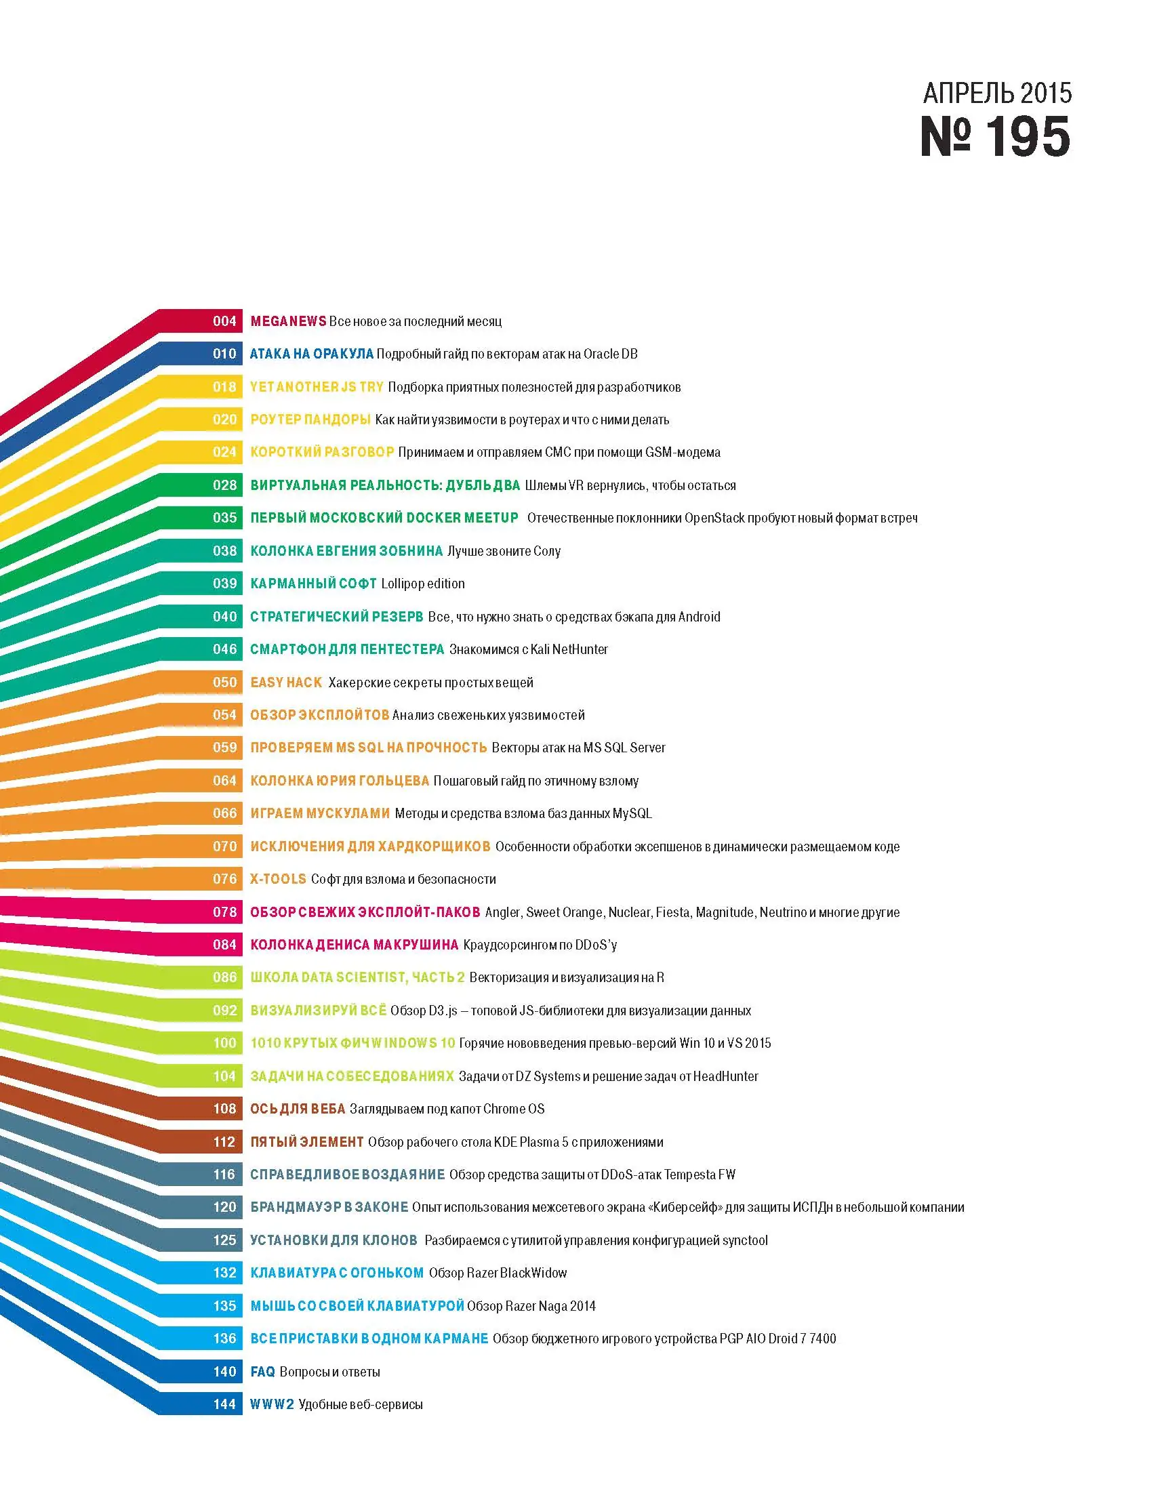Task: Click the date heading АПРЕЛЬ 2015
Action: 997,93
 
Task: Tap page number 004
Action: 224,321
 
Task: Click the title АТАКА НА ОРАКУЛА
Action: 312,354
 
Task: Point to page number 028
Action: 224,485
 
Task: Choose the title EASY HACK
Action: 285,682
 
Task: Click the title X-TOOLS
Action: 278,879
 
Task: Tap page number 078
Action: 224,912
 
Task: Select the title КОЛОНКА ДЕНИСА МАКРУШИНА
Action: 354,945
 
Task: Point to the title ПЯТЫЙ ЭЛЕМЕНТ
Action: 307,1142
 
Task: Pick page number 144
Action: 224,1404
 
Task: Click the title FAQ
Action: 262,1372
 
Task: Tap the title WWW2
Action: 272,1404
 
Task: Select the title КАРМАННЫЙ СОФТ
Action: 314,584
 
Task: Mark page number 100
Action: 224,1043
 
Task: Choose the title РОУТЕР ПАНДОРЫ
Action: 310,420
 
